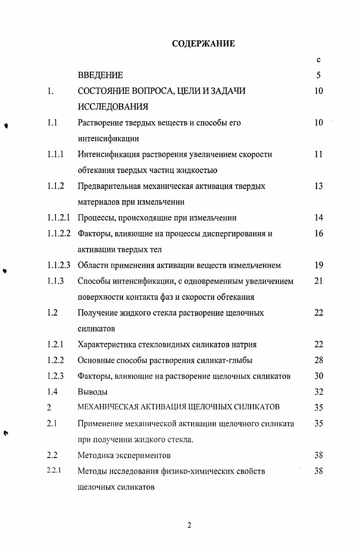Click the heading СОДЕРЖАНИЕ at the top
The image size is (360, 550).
coord(203,44)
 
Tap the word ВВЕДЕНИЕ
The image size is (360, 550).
coord(100,75)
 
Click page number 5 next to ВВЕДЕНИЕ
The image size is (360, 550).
coord(319,75)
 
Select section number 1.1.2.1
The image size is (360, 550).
coord(59,218)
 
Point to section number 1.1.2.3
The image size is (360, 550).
coord(59,265)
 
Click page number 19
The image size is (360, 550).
coord(319,265)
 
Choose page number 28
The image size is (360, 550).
coord(319,360)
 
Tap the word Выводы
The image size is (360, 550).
coord(92,392)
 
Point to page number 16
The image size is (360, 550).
coord(319,234)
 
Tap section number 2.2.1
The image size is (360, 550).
coord(54,471)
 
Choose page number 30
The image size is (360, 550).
coord(319,376)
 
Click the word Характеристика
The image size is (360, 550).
coord(105,344)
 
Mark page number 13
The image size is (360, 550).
coord(319,186)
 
